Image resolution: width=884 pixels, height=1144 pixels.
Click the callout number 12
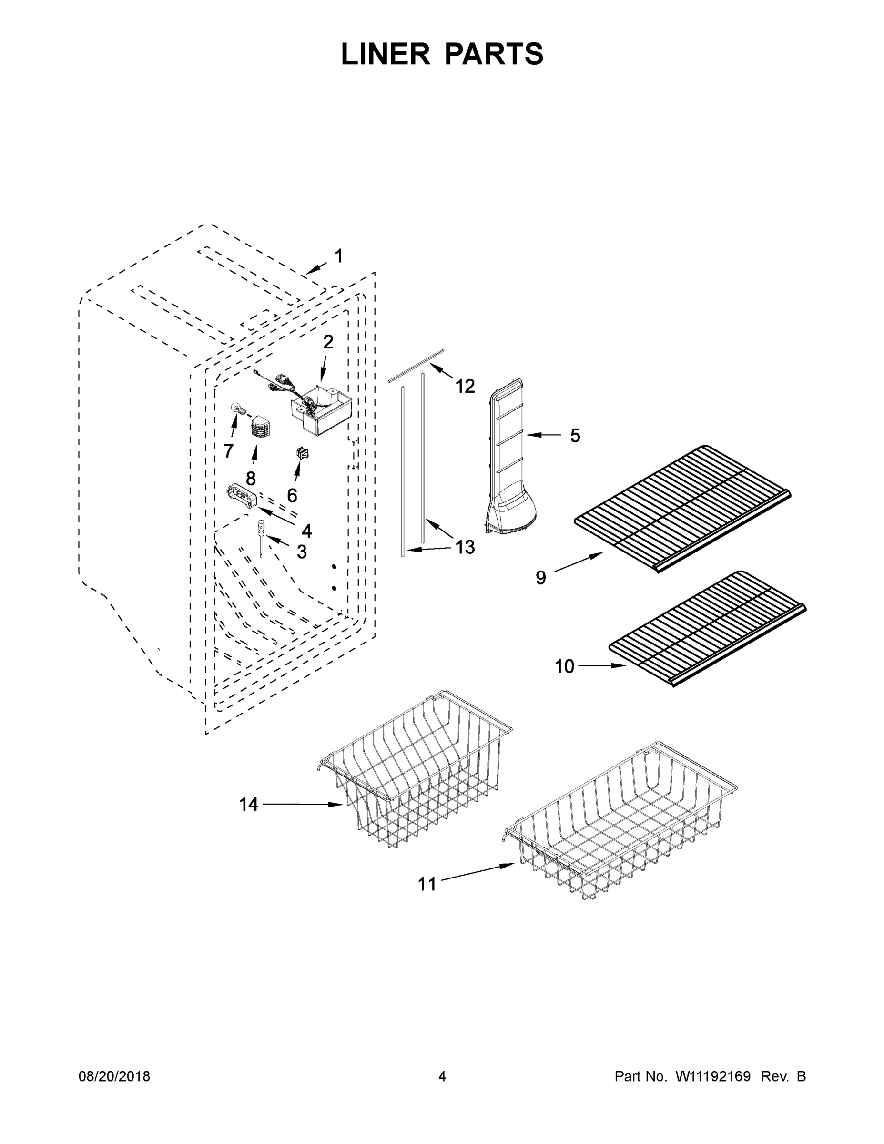465,387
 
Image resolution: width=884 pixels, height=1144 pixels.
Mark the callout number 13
465,547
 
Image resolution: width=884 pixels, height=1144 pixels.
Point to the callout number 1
339,256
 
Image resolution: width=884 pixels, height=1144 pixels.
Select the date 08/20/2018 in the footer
114,1076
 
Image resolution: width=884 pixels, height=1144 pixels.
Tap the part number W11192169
713,1076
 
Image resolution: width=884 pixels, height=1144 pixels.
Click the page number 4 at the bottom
442,1076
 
